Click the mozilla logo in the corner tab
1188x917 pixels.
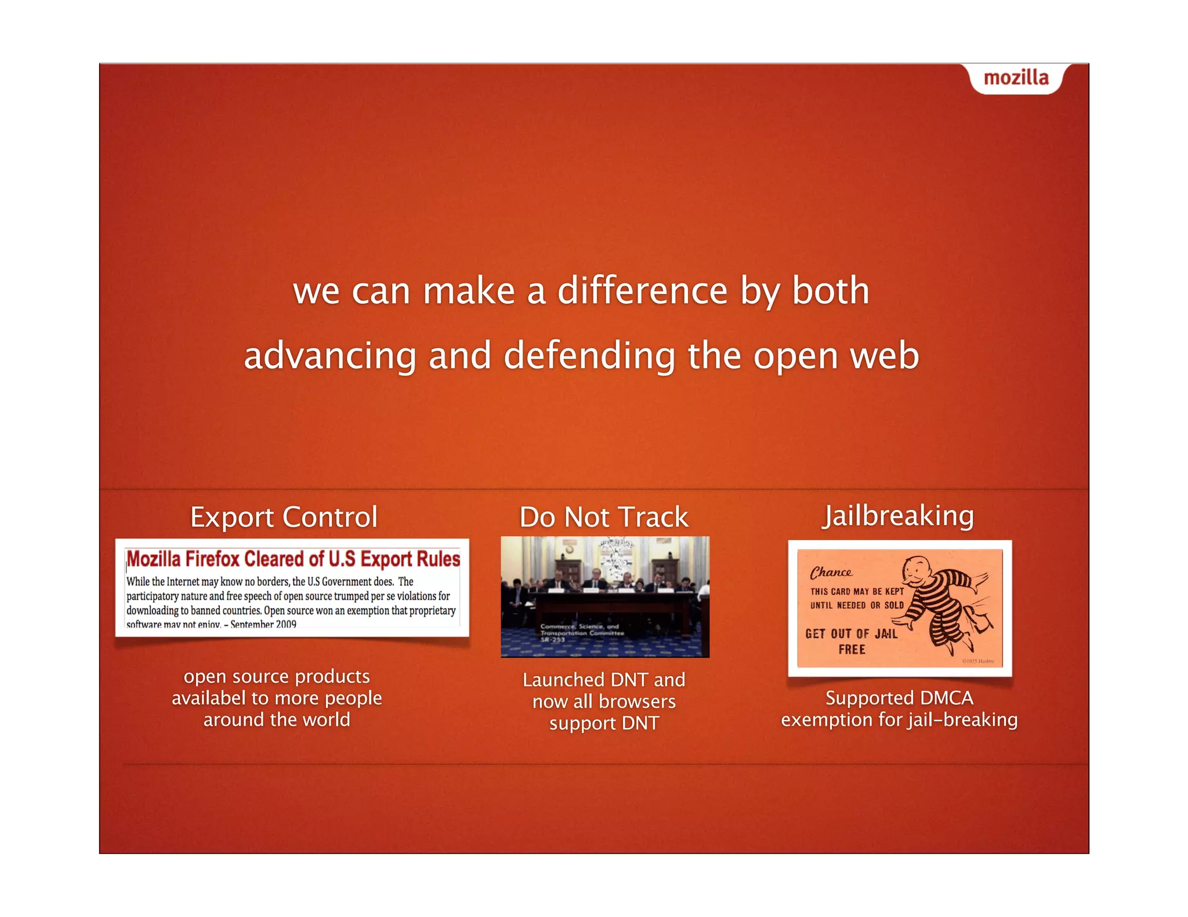1016,78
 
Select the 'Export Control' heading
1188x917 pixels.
284,516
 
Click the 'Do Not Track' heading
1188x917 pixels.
603,516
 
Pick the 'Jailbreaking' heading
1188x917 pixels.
898,515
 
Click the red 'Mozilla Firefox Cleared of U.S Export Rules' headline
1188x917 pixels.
293,559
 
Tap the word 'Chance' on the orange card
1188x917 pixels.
831,573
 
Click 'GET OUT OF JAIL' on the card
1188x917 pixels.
851,634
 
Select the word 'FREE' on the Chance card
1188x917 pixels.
852,650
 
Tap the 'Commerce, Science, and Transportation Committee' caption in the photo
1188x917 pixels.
582,632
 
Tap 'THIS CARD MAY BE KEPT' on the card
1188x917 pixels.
857,591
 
